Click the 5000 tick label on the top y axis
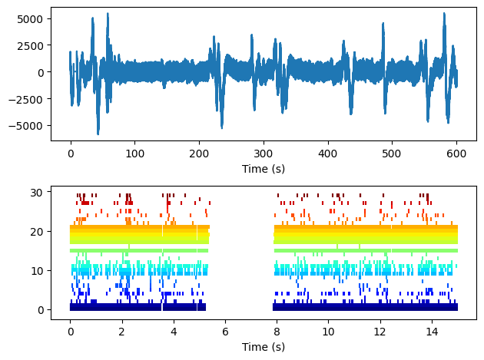[x=34, y=18]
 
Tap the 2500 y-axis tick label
[x=34, y=45]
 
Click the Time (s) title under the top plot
[x=264, y=167]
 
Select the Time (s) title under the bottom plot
[x=264, y=347]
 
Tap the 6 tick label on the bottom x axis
[x=225, y=332]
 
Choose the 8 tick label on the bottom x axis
[x=277, y=332]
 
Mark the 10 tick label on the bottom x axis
[x=329, y=332]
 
